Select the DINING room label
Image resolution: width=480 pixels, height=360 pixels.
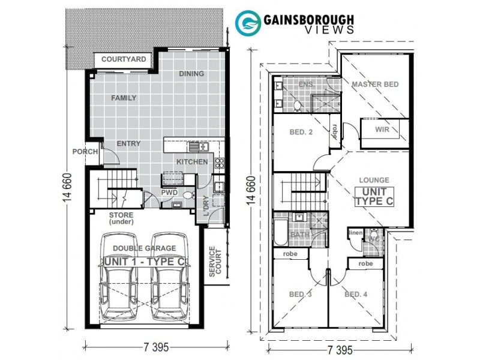pyautogui.click(x=191, y=74)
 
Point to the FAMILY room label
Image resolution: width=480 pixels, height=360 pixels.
pyautogui.click(x=124, y=98)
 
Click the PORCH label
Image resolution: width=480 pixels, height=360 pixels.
pyautogui.click(x=85, y=152)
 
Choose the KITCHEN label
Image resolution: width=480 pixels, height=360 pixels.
pyautogui.click(x=192, y=162)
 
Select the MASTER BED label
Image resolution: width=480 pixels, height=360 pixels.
pyautogui.click(x=375, y=85)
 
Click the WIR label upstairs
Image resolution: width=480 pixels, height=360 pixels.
pyautogui.click(x=383, y=129)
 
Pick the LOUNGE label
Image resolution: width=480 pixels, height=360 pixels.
pyautogui.click(x=374, y=180)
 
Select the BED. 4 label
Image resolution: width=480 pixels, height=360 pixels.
pyautogui.click(x=356, y=294)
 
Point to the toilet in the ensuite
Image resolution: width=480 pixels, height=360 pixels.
pyautogui.click(x=296, y=104)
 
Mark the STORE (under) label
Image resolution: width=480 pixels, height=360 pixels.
pyautogui.click(x=121, y=218)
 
